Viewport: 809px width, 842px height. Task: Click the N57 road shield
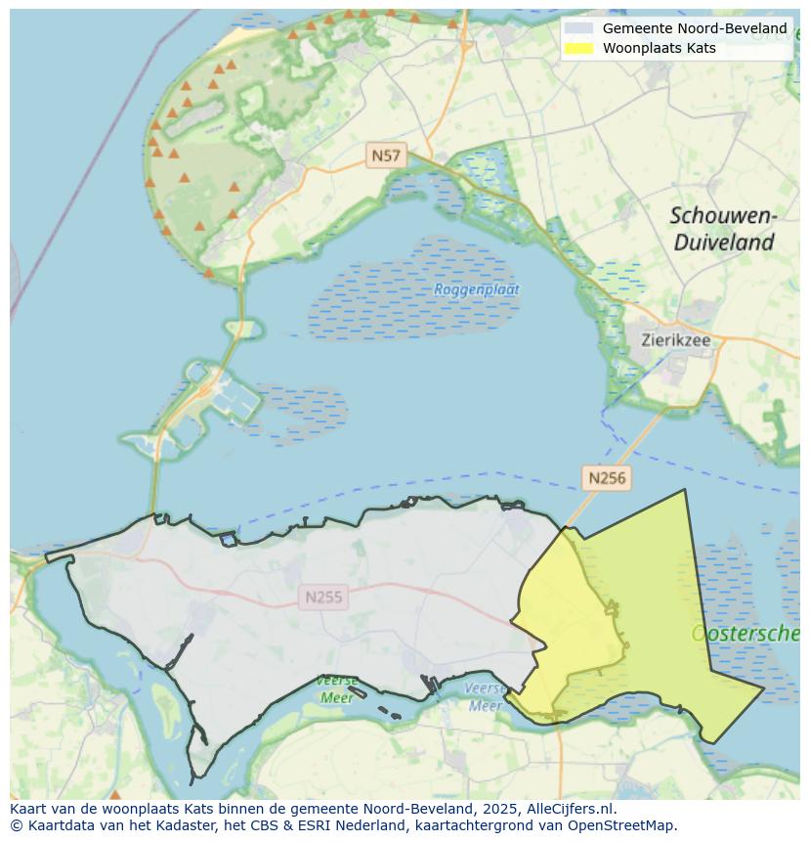tap(385, 155)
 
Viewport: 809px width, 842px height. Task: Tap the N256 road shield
tap(606, 478)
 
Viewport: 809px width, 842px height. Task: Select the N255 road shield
tap(323, 597)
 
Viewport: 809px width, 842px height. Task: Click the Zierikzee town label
tap(676, 341)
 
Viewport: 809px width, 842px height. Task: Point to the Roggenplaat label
tap(477, 289)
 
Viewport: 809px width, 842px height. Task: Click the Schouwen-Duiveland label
tap(723, 229)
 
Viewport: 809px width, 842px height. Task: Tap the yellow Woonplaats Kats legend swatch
tap(578, 48)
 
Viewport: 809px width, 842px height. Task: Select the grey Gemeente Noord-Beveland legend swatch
tap(578, 28)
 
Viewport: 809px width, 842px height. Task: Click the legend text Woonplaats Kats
tap(659, 48)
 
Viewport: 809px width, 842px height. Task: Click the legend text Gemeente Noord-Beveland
tap(694, 28)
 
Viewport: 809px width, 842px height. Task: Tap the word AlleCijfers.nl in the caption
tap(571, 809)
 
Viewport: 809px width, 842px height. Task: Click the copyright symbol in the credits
tap(16, 824)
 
